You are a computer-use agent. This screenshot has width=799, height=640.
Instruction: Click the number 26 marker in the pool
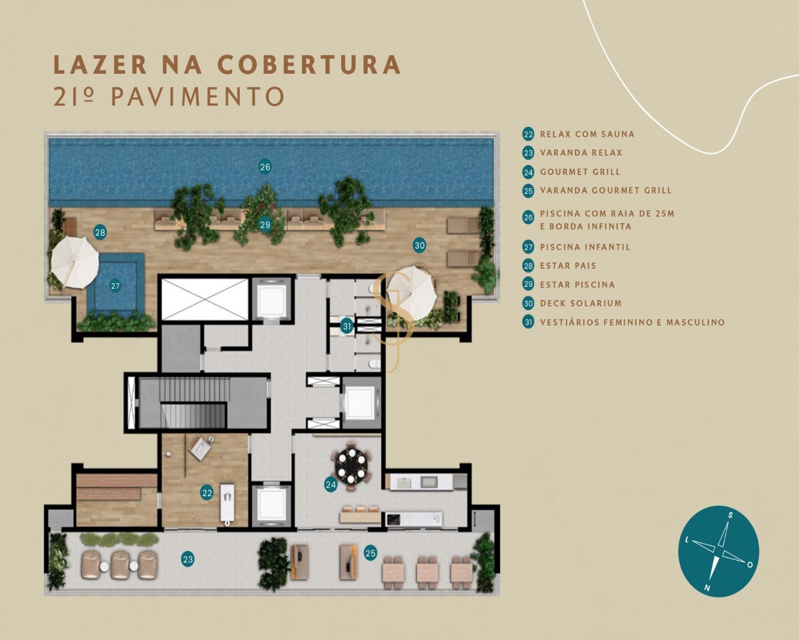265,167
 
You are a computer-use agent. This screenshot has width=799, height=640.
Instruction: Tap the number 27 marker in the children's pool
116,286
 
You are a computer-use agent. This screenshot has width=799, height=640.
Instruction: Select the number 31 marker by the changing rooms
347,326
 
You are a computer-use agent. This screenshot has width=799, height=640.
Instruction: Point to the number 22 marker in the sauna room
207,493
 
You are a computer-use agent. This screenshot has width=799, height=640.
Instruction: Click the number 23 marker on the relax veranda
188,559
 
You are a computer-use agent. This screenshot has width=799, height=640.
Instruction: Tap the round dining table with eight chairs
351,466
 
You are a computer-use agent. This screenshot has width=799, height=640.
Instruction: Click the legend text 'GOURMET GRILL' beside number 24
580,172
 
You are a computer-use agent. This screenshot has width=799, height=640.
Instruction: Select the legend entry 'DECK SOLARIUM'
581,303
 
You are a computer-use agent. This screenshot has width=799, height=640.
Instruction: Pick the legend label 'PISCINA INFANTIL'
585,247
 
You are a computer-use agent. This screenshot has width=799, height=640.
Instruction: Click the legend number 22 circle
529,134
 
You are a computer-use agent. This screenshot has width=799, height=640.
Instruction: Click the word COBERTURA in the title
309,64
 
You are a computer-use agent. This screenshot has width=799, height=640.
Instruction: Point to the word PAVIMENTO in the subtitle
198,97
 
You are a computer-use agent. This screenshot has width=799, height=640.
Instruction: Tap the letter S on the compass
730,515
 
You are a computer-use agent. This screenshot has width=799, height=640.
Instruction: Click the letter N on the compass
707,588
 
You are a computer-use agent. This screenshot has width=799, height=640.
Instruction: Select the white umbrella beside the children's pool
75,262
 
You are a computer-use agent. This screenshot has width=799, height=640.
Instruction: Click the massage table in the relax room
227,503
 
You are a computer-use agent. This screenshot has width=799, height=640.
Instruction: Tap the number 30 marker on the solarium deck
420,246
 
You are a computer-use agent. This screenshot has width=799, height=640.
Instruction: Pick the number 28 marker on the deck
100,232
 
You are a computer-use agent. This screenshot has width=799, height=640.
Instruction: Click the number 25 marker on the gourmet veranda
370,553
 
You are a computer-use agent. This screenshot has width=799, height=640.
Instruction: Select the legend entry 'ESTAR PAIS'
568,266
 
